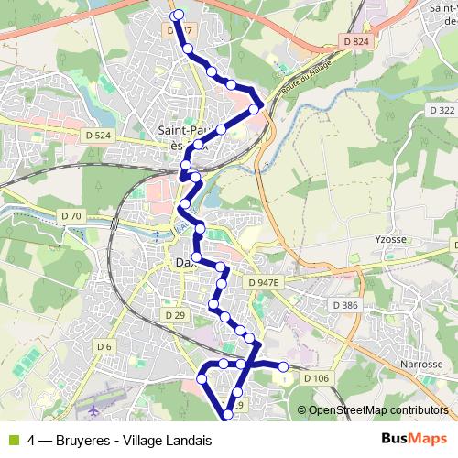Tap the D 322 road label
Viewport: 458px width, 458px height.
click(x=442, y=110)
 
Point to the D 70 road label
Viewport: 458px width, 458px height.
click(x=71, y=216)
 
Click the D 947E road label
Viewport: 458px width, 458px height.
click(x=262, y=284)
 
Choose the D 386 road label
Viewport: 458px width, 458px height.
click(x=344, y=304)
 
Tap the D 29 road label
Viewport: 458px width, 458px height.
click(x=176, y=315)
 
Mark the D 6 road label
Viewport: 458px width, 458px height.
click(x=104, y=346)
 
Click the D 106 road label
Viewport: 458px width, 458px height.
click(x=314, y=378)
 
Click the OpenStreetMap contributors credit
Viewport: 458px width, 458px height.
click(x=379, y=410)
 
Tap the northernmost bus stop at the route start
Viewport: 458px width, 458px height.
click(x=178, y=14)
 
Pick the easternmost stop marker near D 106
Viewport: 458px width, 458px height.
click(x=283, y=367)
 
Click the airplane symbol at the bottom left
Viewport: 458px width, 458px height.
click(x=94, y=404)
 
